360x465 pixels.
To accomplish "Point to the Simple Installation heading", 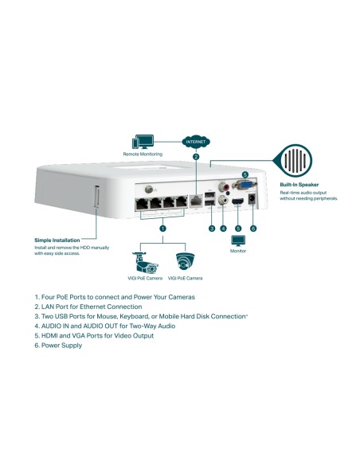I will click(x=58, y=240).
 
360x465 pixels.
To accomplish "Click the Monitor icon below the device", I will click(x=238, y=240).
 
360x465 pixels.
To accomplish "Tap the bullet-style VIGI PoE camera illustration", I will click(x=145, y=262).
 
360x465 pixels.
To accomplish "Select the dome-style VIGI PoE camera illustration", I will click(x=185, y=262).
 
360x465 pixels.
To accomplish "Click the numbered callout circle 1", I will click(x=163, y=228).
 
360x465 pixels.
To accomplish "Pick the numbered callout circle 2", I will click(x=196, y=157).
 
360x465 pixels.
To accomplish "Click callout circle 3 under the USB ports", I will click(x=211, y=229).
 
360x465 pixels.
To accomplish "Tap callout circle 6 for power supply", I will click(x=253, y=229).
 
